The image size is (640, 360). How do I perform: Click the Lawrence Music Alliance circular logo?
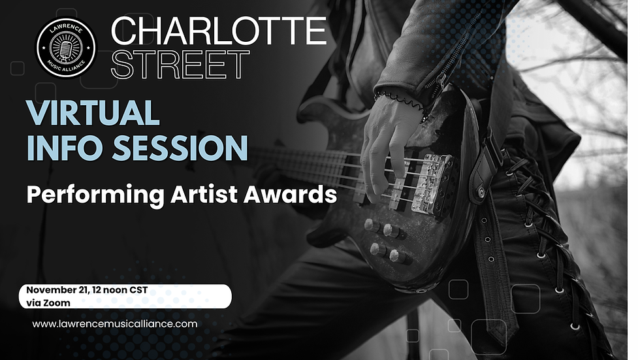point(66,46)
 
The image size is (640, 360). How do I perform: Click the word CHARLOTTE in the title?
point(219,31)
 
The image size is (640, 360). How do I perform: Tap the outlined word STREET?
point(181,65)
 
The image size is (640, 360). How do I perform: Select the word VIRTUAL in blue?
point(94,113)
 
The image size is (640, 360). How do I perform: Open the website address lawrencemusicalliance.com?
point(115,323)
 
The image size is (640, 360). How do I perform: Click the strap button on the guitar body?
point(482,193)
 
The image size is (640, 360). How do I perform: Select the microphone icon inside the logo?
point(66,45)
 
